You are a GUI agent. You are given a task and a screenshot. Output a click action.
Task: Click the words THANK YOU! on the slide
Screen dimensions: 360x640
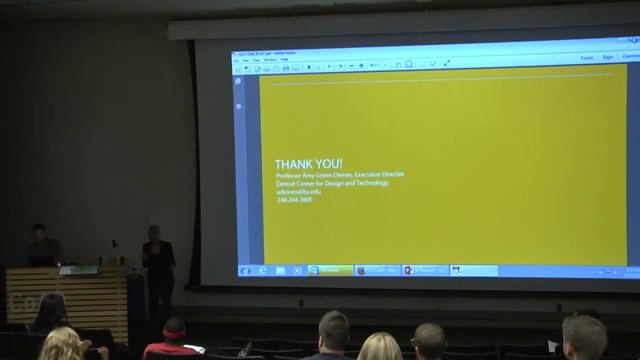309,164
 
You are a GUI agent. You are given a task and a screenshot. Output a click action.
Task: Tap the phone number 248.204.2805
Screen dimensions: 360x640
295,200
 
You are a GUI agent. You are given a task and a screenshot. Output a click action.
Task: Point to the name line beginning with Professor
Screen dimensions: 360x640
340,175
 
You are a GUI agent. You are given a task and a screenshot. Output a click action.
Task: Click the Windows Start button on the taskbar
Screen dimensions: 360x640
245,270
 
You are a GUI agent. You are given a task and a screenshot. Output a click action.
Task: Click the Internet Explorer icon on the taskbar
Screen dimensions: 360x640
264,270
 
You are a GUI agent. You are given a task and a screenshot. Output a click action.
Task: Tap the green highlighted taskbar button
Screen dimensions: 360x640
331,270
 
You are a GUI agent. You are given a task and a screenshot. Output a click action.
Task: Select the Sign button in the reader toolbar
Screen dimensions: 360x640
608,58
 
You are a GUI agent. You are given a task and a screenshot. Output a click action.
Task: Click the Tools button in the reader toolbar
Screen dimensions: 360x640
586,58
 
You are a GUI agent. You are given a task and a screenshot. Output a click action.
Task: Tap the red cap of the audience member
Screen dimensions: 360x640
174,327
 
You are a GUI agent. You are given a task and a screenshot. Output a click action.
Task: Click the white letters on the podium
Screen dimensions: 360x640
22,303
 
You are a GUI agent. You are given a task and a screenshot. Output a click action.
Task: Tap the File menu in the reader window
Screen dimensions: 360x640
238,60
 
